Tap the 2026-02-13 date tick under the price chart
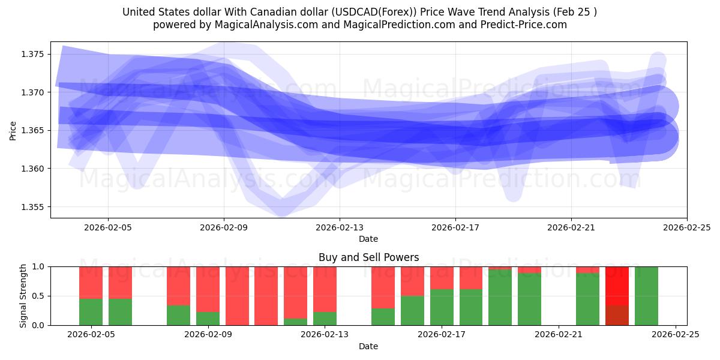pyautogui.click(x=340, y=227)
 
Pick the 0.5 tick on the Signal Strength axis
pyautogui.click(x=38, y=296)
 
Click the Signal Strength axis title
pyautogui.click(x=23, y=296)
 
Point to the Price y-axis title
pyautogui.click(x=13, y=130)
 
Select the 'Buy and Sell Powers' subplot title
pyautogui.click(x=368, y=257)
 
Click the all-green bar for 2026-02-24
pyautogui.click(x=646, y=296)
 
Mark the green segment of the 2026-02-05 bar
pyautogui.click(x=91, y=312)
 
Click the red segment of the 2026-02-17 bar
pyautogui.click(x=442, y=278)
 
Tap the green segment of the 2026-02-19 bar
pyautogui.click(x=500, y=298)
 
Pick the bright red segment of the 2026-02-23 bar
pyautogui.click(x=617, y=286)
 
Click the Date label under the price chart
pyautogui.click(x=368, y=239)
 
